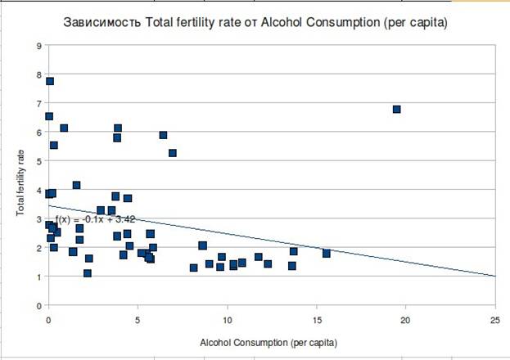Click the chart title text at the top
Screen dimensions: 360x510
[255, 24]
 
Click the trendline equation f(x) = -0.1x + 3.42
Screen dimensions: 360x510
[95, 219]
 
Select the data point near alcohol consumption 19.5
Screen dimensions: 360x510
[396, 109]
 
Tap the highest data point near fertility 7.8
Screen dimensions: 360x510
[50, 81]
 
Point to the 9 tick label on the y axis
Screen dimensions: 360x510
[38, 46]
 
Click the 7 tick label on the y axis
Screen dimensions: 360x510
[38, 103]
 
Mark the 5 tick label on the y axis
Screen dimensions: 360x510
[38, 161]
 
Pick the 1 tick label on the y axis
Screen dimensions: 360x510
[38, 277]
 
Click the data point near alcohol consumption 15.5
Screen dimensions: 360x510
[326, 253]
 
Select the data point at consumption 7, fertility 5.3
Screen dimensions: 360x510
[173, 153]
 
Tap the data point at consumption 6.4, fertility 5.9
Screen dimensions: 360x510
[163, 135]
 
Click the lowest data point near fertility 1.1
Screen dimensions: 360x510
[88, 273]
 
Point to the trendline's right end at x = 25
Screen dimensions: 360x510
[494, 276]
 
